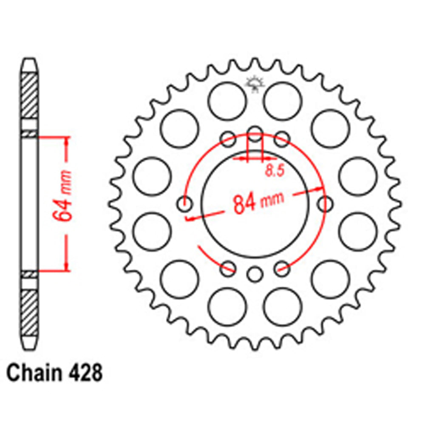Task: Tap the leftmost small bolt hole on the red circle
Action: (184, 204)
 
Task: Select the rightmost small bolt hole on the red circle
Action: (326, 204)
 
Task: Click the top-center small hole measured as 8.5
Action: (255, 132)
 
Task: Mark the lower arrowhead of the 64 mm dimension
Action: (66, 266)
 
